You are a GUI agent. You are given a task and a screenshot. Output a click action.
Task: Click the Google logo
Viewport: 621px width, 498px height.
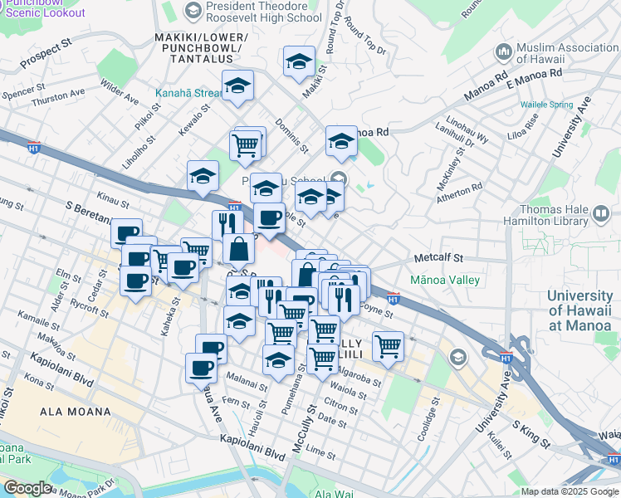coord(27,488)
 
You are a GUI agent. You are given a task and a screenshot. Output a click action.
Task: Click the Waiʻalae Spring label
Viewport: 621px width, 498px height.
coord(546,105)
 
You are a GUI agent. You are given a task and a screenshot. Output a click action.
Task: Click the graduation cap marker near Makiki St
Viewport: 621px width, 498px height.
coord(299,62)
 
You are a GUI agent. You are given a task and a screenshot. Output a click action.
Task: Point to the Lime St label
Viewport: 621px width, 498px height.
coord(320,451)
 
